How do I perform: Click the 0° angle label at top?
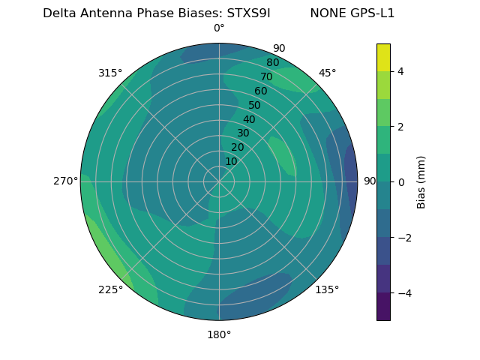(x=219, y=28)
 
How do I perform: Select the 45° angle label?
(x=327, y=73)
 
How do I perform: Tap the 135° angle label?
(x=327, y=289)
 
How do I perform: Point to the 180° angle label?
(x=219, y=334)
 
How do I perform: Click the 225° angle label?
(x=110, y=289)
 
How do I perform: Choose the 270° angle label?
(x=65, y=181)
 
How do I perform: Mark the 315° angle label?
(x=110, y=73)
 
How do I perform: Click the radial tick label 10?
(x=231, y=161)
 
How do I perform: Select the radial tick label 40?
(x=249, y=119)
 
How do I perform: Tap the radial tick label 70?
(x=266, y=76)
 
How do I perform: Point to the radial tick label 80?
(x=272, y=62)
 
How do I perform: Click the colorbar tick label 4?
(x=401, y=71)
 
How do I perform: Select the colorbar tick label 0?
(x=401, y=182)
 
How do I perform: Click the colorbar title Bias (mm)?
(x=421, y=182)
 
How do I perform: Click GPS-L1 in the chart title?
(x=373, y=13)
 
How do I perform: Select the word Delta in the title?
(x=59, y=13)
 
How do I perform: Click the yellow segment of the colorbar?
(x=383, y=57)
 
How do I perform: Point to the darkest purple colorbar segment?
(x=383, y=307)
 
